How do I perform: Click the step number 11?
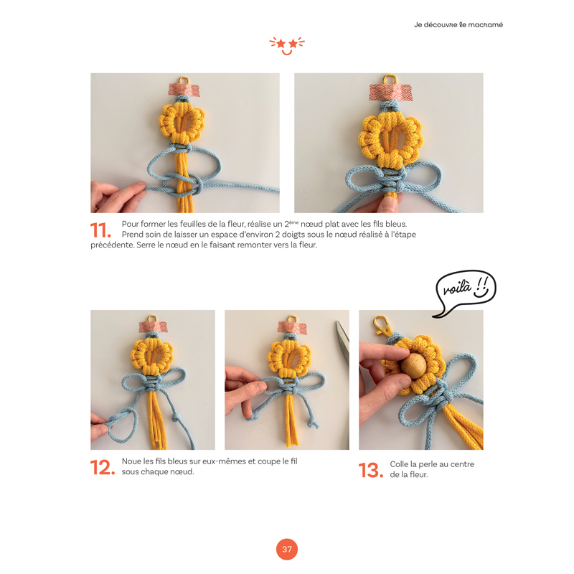(x=100, y=230)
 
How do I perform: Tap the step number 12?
(x=102, y=467)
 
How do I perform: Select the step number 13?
(x=370, y=470)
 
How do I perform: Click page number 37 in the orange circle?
(x=287, y=550)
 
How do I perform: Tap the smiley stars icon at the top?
(x=287, y=45)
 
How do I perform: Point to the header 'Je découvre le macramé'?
(x=458, y=24)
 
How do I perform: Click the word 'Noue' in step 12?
(x=132, y=461)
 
